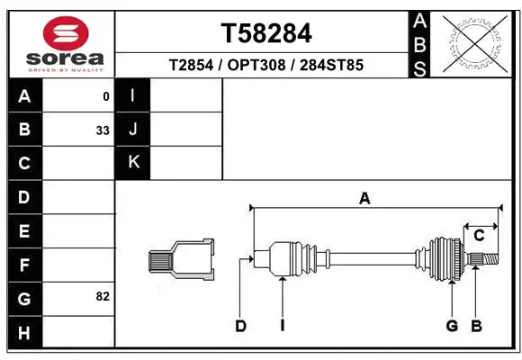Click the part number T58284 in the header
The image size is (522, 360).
click(266, 33)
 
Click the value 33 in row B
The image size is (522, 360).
click(103, 130)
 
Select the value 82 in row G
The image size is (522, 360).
click(103, 295)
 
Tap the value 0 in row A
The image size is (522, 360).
click(106, 95)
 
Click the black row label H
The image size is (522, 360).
click(24, 333)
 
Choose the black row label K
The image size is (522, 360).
click(133, 162)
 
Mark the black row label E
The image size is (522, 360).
click(24, 231)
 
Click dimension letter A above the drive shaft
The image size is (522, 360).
click(364, 199)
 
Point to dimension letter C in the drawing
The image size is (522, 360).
click(479, 236)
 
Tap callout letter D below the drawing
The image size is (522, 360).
click(241, 326)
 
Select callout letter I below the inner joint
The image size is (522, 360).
click(282, 326)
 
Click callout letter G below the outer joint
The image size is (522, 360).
click(452, 326)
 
